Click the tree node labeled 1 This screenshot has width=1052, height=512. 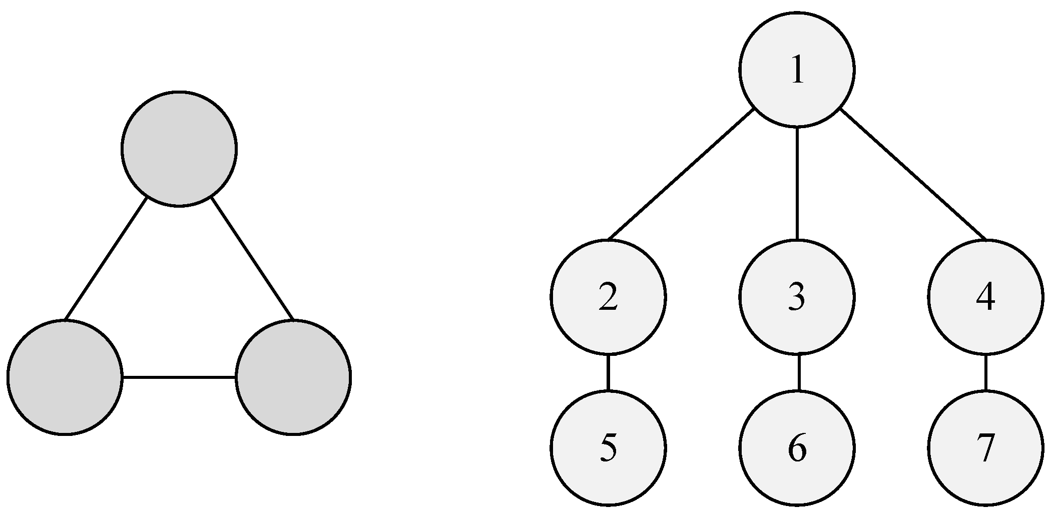click(797, 69)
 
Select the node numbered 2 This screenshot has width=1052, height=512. click(608, 297)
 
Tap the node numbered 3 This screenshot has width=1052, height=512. click(797, 297)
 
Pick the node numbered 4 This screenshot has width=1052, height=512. click(985, 297)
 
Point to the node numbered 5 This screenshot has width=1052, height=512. click(608, 447)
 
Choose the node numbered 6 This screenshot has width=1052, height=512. click(797, 447)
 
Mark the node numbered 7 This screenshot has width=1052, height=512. click(985, 447)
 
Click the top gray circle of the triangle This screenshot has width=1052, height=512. click(179, 149)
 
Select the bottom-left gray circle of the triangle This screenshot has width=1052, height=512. click(65, 377)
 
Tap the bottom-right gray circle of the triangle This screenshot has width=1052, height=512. click(293, 377)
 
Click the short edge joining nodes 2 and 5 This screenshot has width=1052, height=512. click(608, 372)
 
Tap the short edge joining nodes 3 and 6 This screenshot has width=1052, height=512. click(798, 372)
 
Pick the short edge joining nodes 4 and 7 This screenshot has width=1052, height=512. click(985, 372)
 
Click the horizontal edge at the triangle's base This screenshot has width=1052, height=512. click(179, 377)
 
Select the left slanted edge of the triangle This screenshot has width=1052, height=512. click(106, 258)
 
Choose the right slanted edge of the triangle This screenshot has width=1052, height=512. click(252, 258)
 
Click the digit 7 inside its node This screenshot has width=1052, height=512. click(985, 448)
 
